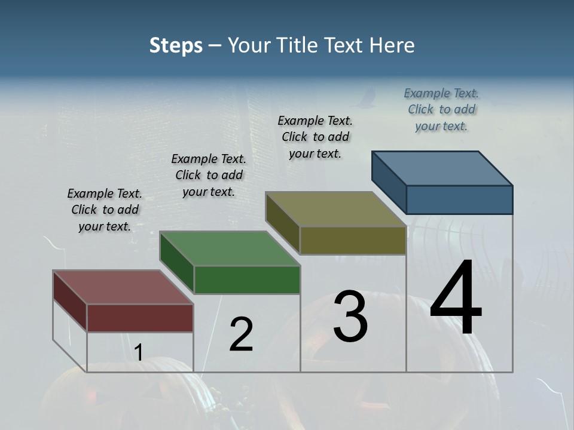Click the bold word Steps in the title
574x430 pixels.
point(176,45)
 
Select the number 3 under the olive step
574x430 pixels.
point(350,317)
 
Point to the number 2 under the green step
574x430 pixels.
point(242,334)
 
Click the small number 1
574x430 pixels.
point(138,353)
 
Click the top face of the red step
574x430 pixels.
point(123,287)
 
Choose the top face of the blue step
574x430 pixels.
point(442,168)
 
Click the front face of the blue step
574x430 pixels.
point(459,199)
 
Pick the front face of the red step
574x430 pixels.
point(140,318)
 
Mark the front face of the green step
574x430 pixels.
point(247,279)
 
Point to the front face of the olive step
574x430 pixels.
point(353,241)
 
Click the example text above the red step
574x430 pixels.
point(105,210)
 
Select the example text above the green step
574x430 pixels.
point(209,175)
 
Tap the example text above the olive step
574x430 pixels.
point(315,137)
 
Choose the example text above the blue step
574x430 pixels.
point(441,109)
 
